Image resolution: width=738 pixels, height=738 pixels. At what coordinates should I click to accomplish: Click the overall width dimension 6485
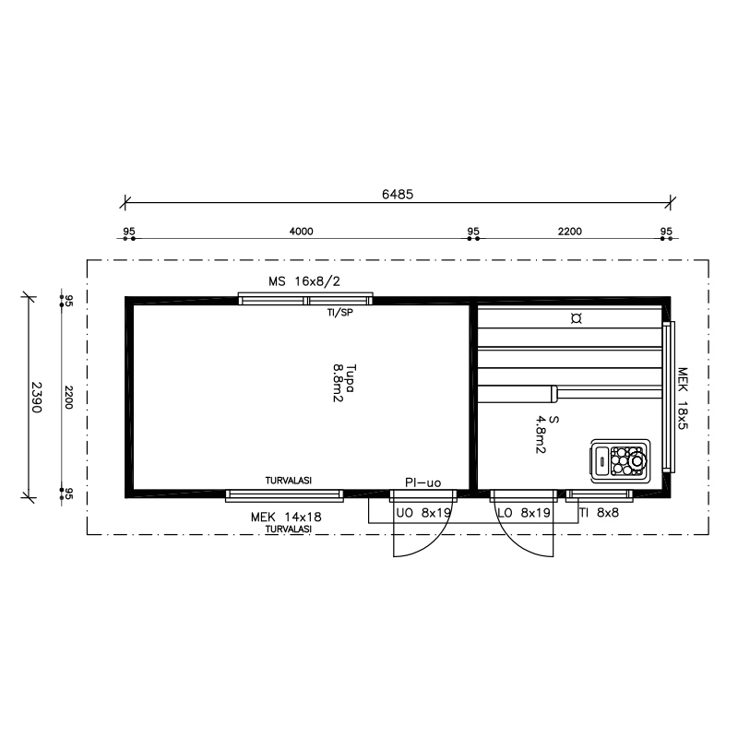point(398,195)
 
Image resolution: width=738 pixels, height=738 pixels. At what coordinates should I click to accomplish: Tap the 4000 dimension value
point(302,232)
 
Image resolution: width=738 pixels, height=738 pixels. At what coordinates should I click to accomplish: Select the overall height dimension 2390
point(36,397)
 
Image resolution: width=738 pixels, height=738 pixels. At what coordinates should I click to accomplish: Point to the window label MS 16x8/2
point(304,281)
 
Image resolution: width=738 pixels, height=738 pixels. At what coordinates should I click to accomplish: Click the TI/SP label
point(339,313)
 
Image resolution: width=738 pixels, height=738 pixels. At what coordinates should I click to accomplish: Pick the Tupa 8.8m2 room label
point(344,383)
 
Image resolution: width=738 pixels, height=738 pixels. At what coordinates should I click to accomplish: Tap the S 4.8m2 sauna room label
point(547,434)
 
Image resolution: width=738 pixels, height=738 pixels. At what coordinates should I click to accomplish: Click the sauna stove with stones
point(620,460)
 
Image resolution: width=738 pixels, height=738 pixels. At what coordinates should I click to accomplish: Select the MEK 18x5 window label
point(683,399)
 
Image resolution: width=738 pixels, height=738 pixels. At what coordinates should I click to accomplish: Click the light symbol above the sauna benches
point(576,318)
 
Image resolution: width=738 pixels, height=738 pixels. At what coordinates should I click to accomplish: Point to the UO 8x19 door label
point(423,513)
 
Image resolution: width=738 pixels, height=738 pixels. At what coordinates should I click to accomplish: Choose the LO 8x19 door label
point(524,513)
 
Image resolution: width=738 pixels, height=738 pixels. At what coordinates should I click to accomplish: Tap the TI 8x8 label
point(599,513)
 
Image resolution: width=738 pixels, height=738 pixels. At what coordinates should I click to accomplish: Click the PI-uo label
point(423,482)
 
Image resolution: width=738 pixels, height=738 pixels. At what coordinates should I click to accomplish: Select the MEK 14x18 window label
point(286,518)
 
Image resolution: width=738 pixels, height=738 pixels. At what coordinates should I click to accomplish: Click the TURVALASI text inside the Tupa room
point(289,481)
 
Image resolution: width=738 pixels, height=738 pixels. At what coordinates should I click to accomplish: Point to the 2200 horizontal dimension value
point(570,232)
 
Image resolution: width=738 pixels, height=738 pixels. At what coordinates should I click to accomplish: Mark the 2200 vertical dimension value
point(68,398)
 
